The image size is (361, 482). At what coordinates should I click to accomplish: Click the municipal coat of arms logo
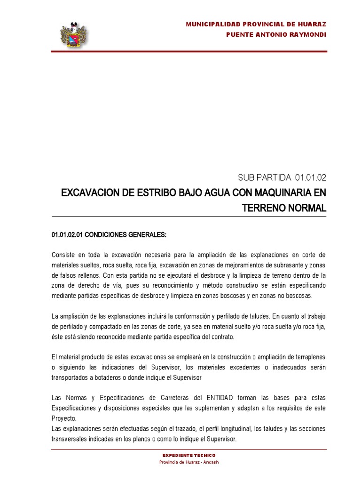[x=74, y=34]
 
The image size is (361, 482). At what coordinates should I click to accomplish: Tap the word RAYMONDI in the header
[x=306, y=34]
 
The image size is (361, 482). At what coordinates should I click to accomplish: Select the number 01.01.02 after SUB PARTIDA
[x=310, y=177]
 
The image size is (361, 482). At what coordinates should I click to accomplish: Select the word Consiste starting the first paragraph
[x=63, y=255]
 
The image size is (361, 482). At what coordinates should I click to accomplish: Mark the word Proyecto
[x=63, y=418]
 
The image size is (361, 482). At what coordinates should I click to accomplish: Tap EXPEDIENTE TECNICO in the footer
[x=189, y=456]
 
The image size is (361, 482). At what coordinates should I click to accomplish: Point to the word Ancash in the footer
[x=210, y=462]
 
